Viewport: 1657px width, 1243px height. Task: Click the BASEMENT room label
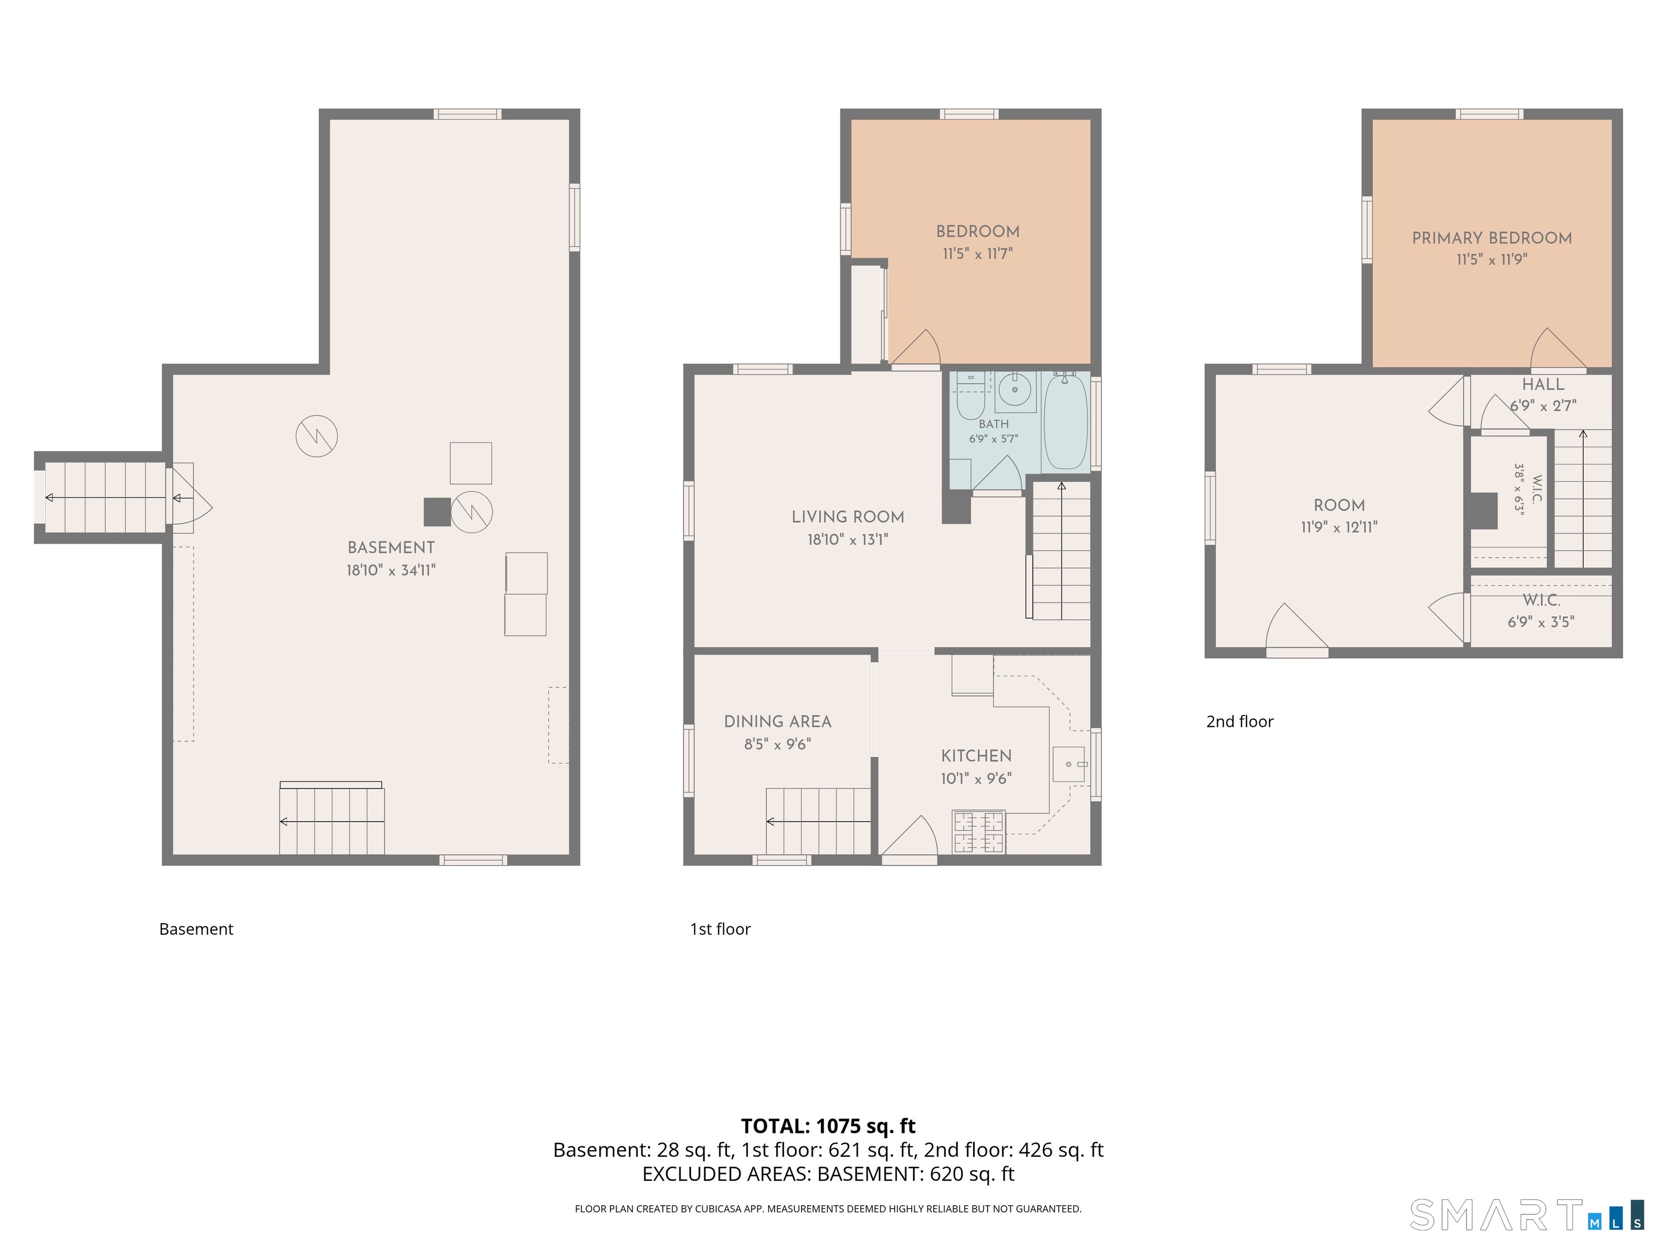[391, 548]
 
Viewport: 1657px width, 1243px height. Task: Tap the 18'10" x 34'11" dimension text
[391, 570]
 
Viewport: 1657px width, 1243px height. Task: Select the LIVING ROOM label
[848, 517]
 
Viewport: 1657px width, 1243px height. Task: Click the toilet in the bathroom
[970, 397]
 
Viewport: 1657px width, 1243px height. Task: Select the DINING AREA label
[778, 721]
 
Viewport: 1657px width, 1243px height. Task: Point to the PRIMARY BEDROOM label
[1492, 238]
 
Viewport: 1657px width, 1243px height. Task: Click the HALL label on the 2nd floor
[1543, 384]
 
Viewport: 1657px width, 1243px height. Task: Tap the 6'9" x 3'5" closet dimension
[1541, 622]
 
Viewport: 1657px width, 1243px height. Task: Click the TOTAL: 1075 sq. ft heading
[828, 1126]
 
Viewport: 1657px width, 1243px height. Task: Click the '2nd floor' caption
[1240, 721]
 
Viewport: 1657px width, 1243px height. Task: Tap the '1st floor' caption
[720, 929]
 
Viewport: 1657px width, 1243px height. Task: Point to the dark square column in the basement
[437, 512]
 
